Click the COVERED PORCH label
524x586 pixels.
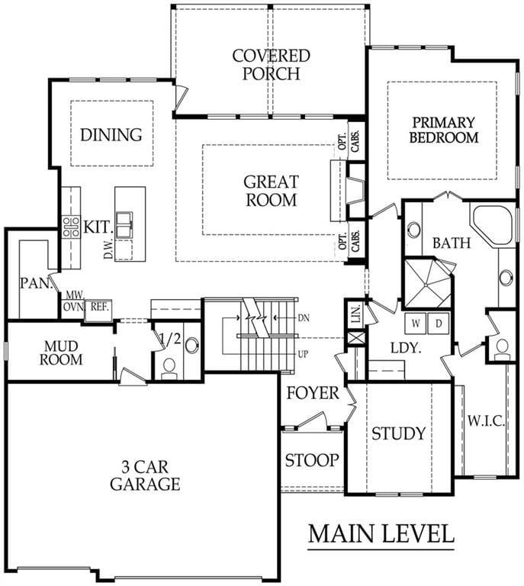271,65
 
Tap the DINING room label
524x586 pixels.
111,134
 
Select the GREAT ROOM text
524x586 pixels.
271,191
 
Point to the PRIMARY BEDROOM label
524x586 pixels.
444,130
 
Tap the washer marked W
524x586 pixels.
416,323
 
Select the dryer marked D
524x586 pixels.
439,323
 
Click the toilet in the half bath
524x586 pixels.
169,368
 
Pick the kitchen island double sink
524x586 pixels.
124,224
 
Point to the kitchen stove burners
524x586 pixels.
71,227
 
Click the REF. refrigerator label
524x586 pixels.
100,307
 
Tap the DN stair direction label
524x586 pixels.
304,318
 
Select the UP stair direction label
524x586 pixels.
304,353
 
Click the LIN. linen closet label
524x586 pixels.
356,313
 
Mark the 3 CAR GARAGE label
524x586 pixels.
145,475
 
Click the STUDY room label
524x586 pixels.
398,433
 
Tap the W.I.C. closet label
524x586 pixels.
487,421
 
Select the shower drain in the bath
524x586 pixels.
426,285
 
